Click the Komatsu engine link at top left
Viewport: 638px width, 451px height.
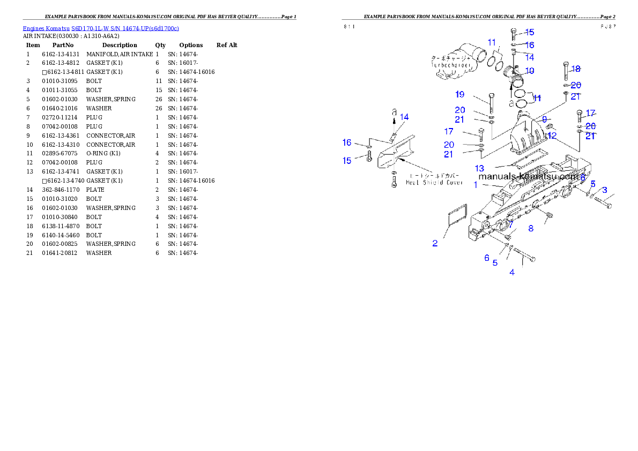point(101,28)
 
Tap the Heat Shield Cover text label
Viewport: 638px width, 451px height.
point(434,182)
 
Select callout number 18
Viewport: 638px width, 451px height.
point(576,69)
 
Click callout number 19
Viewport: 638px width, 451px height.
point(460,94)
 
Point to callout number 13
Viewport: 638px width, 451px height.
point(479,168)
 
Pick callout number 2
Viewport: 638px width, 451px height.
point(435,243)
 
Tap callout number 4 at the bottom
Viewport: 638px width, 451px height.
point(512,272)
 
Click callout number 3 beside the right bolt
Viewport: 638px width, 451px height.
point(604,190)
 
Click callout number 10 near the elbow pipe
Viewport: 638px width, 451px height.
point(529,71)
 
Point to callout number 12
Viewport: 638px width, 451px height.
point(552,136)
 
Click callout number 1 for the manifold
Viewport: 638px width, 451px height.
point(475,185)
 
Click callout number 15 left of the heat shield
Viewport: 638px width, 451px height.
point(347,161)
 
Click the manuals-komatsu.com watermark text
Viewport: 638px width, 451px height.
point(528,176)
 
